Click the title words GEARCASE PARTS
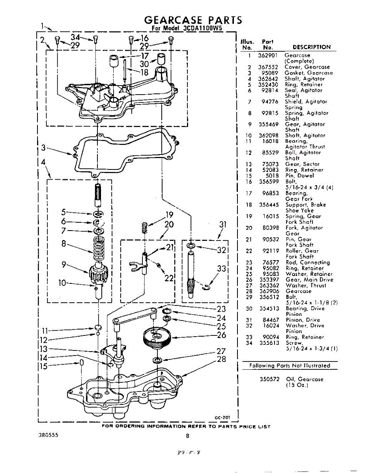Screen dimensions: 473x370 (192, 20)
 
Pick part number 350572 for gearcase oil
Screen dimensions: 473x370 (269, 379)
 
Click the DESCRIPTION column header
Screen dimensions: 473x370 (311, 47)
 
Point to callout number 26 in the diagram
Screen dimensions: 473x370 (221, 335)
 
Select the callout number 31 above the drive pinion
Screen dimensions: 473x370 (223, 225)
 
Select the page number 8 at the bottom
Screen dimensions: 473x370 (187, 436)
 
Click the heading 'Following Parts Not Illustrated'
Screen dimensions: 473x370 (290, 366)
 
